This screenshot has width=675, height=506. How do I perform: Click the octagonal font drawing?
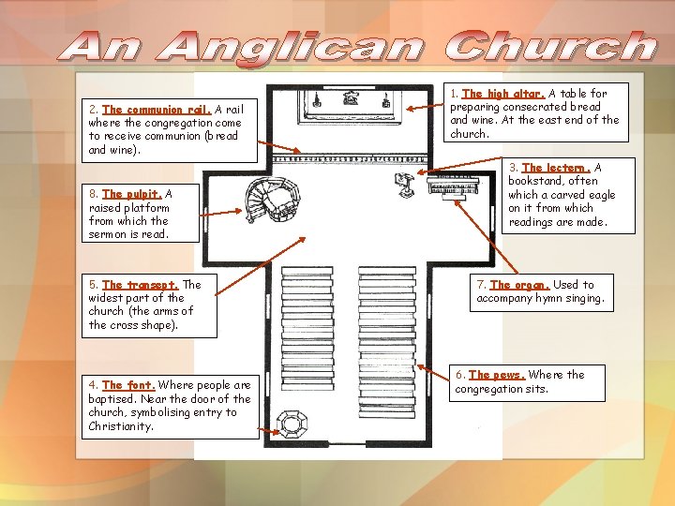tap(294, 424)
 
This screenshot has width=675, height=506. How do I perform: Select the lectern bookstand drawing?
tap(405, 184)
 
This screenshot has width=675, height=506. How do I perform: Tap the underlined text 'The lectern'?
tap(556, 168)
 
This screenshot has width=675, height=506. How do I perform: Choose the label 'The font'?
tap(128, 385)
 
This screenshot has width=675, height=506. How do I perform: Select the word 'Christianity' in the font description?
tap(121, 426)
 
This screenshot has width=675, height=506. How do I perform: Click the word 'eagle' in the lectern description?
tap(598, 195)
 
